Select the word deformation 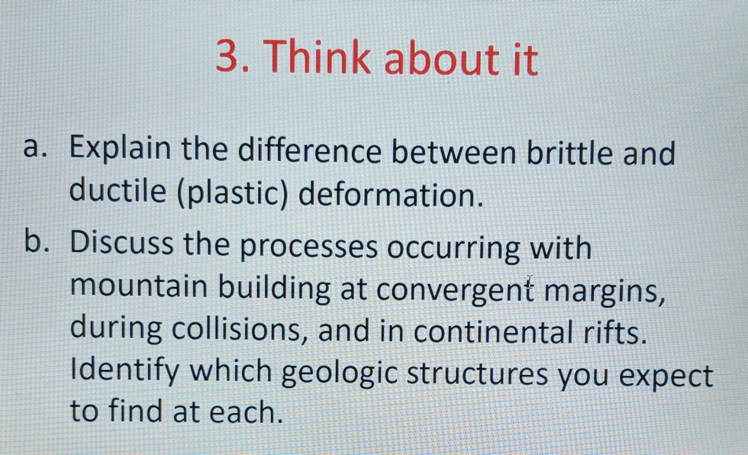click(390, 196)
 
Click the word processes click(309, 249)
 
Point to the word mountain click(139, 286)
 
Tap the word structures click(477, 374)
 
